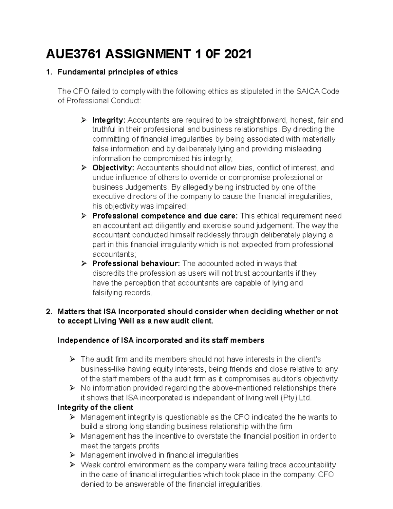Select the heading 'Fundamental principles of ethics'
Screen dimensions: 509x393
pyautogui.click(x=118, y=72)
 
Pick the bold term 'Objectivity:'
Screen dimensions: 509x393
pyautogui.click(x=113, y=168)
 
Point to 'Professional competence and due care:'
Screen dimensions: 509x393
pyautogui.click(x=165, y=216)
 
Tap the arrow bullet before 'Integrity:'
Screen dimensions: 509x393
pyautogui.click(x=84, y=120)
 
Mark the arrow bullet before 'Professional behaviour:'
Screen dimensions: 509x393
pyautogui.click(x=84, y=264)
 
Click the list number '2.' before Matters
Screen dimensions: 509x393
pyautogui.click(x=49, y=312)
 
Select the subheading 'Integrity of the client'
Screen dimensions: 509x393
pyautogui.click(x=95, y=407)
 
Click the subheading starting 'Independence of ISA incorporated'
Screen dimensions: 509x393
pyautogui.click(x=160, y=341)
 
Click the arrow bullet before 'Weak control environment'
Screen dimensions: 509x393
pyautogui.click(x=72, y=465)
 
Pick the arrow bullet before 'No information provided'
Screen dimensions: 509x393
pyautogui.click(x=72, y=388)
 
